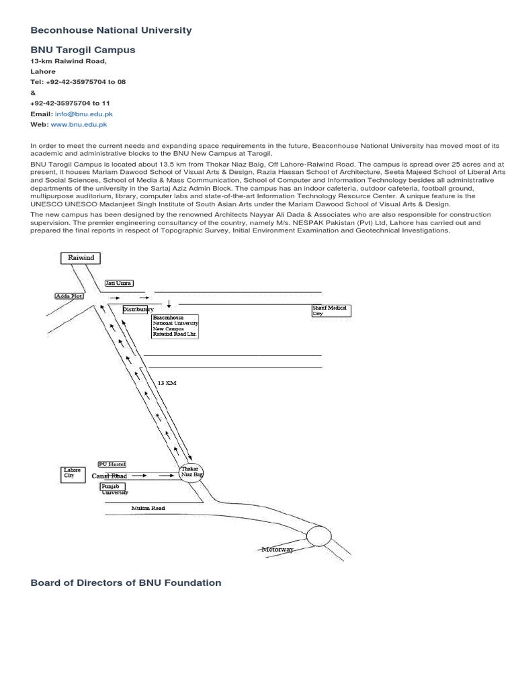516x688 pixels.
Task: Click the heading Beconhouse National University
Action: click(x=111, y=30)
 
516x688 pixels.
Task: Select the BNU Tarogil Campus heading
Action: click(x=83, y=50)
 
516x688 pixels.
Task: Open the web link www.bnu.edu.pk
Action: click(x=79, y=125)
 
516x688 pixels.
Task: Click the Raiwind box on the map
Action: click(x=81, y=258)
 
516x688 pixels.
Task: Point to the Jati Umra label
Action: click(x=118, y=284)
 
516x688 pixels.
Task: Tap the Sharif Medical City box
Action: click(x=330, y=310)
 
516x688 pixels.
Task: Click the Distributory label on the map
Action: click(x=138, y=309)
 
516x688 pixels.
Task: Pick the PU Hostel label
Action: click(x=112, y=464)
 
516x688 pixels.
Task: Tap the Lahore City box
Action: click(x=71, y=474)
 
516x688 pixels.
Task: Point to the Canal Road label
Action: click(x=110, y=476)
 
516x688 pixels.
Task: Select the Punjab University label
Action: click(x=114, y=488)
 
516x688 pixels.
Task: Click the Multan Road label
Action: click(x=148, y=509)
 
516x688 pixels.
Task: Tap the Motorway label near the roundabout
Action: click(x=277, y=550)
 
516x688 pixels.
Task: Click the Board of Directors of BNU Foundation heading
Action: click(x=126, y=583)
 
